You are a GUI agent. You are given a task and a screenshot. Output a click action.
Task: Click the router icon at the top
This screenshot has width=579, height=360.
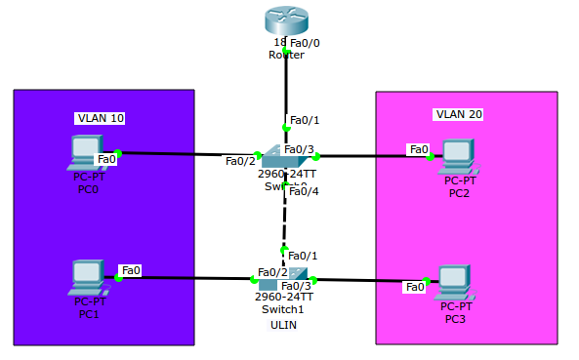[x=284, y=21]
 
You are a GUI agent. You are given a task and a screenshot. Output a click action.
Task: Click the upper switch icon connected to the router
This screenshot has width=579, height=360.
[x=286, y=156]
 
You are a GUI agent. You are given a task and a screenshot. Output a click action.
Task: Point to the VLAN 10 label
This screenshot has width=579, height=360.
[x=101, y=118]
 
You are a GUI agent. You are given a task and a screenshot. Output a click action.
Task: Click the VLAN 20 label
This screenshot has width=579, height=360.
[x=459, y=114]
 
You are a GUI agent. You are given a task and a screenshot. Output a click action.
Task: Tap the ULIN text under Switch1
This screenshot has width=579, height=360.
[x=283, y=325]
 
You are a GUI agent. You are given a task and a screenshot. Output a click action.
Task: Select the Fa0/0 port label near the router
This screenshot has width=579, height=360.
[x=305, y=43]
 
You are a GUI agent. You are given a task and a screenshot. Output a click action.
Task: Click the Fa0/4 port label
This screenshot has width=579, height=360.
[x=304, y=191]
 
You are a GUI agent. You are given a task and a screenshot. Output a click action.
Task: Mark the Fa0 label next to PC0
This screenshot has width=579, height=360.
[x=106, y=158]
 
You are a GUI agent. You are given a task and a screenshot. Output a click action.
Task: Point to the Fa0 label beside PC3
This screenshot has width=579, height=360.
[x=415, y=287]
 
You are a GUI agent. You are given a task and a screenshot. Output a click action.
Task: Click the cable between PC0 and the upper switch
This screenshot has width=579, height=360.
[x=186, y=153]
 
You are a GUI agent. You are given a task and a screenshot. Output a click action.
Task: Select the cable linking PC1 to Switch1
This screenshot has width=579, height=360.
[x=186, y=279]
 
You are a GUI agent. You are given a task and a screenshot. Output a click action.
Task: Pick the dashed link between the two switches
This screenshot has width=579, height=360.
[x=284, y=220]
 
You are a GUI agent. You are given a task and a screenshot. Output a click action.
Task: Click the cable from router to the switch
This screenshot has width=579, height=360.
[x=285, y=88]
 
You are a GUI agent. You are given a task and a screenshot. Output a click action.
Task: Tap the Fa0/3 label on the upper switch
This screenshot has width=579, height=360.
[x=303, y=149]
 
